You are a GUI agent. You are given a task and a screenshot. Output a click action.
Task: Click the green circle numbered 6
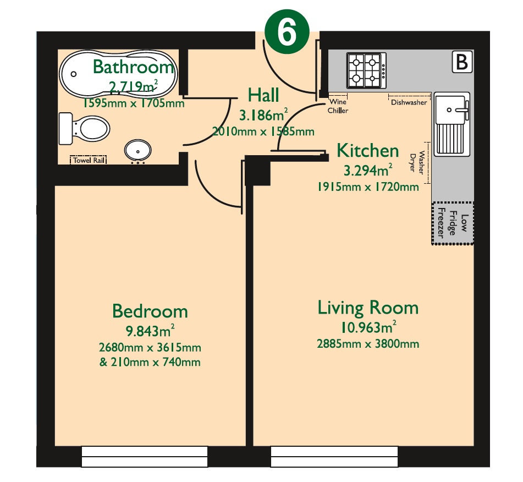click(x=288, y=32)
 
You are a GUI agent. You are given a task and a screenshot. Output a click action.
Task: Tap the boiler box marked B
click(x=462, y=62)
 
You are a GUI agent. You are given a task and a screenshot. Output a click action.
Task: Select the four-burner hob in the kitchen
click(x=365, y=70)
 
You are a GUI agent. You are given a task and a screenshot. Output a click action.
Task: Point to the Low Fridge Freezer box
click(x=452, y=223)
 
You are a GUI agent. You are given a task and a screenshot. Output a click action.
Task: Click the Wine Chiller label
click(x=338, y=106)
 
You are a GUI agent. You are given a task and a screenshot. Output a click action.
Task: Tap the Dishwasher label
click(x=409, y=102)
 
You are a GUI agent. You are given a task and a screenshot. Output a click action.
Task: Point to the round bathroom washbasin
click(x=136, y=150)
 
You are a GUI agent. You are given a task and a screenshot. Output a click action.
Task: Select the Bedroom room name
click(x=150, y=311)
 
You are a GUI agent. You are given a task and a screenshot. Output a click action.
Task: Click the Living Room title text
click(x=368, y=308)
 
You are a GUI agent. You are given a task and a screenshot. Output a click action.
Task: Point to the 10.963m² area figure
click(x=368, y=328)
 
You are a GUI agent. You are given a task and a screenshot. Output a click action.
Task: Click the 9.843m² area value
click(x=150, y=331)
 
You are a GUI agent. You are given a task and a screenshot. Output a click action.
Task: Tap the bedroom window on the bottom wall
click(x=145, y=456)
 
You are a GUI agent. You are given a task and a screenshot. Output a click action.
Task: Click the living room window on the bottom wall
click(x=334, y=456)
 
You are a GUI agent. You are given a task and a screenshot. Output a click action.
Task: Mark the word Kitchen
click(x=367, y=150)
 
